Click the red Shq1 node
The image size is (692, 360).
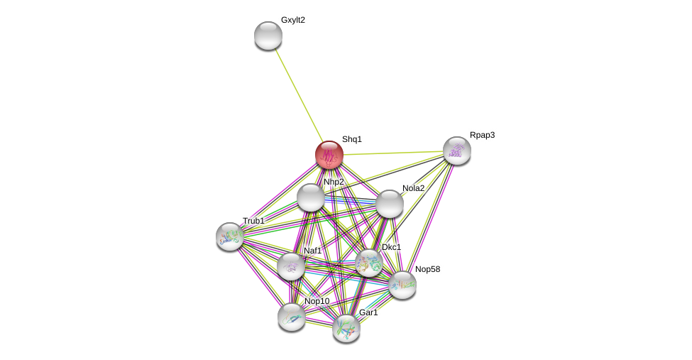329,155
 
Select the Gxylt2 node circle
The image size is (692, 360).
268,36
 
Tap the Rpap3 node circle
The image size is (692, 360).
457,151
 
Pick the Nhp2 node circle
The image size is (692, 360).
311,197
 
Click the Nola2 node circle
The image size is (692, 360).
390,204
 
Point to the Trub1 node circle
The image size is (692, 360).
230,236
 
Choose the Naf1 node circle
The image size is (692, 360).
291,266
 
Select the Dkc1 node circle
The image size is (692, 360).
369,263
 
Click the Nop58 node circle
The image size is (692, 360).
402,285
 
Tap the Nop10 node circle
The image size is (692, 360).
292,317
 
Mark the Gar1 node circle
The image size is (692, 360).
346,328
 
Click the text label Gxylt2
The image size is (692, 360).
293,20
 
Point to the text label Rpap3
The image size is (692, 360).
482,135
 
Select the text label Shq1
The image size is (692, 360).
352,139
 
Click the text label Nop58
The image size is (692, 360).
427,269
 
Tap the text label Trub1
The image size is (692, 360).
253,221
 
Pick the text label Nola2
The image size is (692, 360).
413,188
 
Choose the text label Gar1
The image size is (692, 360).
368,312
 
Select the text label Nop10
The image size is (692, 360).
317,301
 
